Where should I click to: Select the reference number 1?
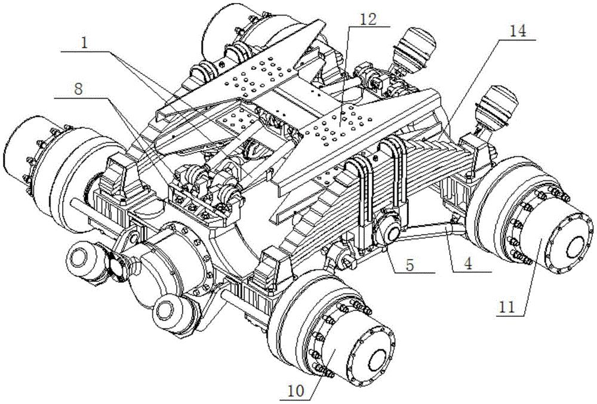pyautogui.click(x=85, y=42)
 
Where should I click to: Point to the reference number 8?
pyautogui.click(x=78, y=90)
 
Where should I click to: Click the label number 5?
pyautogui.click(x=410, y=265)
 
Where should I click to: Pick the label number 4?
pyautogui.click(x=467, y=264)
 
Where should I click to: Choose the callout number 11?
pyautogui.click(x=507, y=306)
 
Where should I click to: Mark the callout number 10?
pyautogui.click(x=296, y=390)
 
